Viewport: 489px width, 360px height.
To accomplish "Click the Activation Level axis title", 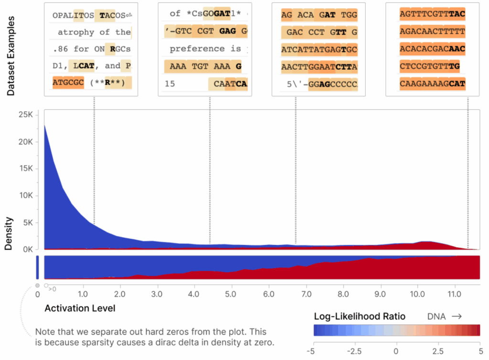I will (x=80, y=308).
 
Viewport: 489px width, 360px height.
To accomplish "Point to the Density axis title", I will (x=9, y=234).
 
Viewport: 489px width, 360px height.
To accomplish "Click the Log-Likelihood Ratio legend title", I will (x=360, y=316).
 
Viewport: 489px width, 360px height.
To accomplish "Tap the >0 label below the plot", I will (x=52, y=288).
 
